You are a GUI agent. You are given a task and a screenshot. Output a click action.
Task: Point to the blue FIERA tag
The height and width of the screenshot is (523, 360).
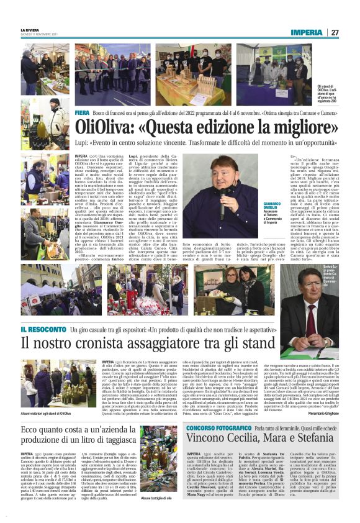82,113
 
